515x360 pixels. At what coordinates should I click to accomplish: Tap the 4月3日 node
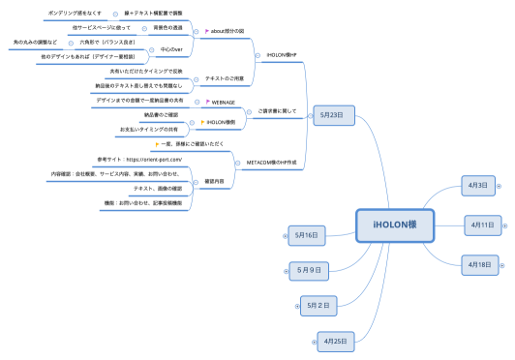coord(477,185)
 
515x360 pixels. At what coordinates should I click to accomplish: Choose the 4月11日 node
coord(481,225)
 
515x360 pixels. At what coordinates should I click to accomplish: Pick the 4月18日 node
coord(481,263)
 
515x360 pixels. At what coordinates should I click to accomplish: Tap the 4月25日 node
coord(336,340)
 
